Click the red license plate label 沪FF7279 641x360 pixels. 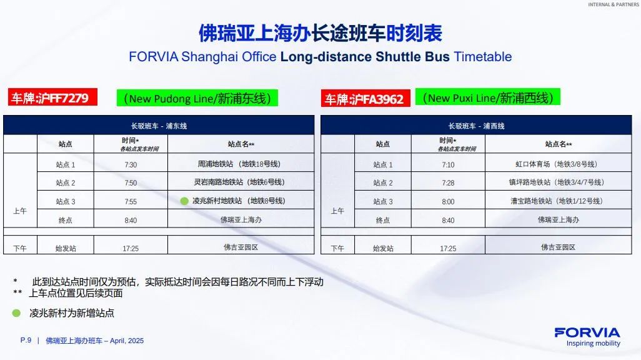(52, 97)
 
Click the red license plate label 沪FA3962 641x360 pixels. (365, 99)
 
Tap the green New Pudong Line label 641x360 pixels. (197, 98)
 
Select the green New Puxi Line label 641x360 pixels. (488, 97)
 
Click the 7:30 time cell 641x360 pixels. (131, 164)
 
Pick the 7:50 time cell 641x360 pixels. (131, 183)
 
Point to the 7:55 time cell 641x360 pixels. (131, 201)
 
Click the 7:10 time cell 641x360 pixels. (448, 164)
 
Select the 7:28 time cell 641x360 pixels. (448, 183)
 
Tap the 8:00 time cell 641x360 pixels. (448, 201)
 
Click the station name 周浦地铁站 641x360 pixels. (216, 164)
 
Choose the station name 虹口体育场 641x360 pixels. (533, 164)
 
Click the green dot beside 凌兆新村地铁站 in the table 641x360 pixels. (184, 201)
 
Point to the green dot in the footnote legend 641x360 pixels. (16, 313)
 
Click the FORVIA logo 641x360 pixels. (587, 337)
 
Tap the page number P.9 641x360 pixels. (26, 341)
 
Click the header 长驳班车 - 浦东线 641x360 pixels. (159, 126)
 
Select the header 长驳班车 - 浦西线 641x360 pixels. (476, 126)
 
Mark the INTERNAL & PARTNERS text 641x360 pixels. (614, 4)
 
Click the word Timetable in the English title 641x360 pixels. (483, 56)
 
